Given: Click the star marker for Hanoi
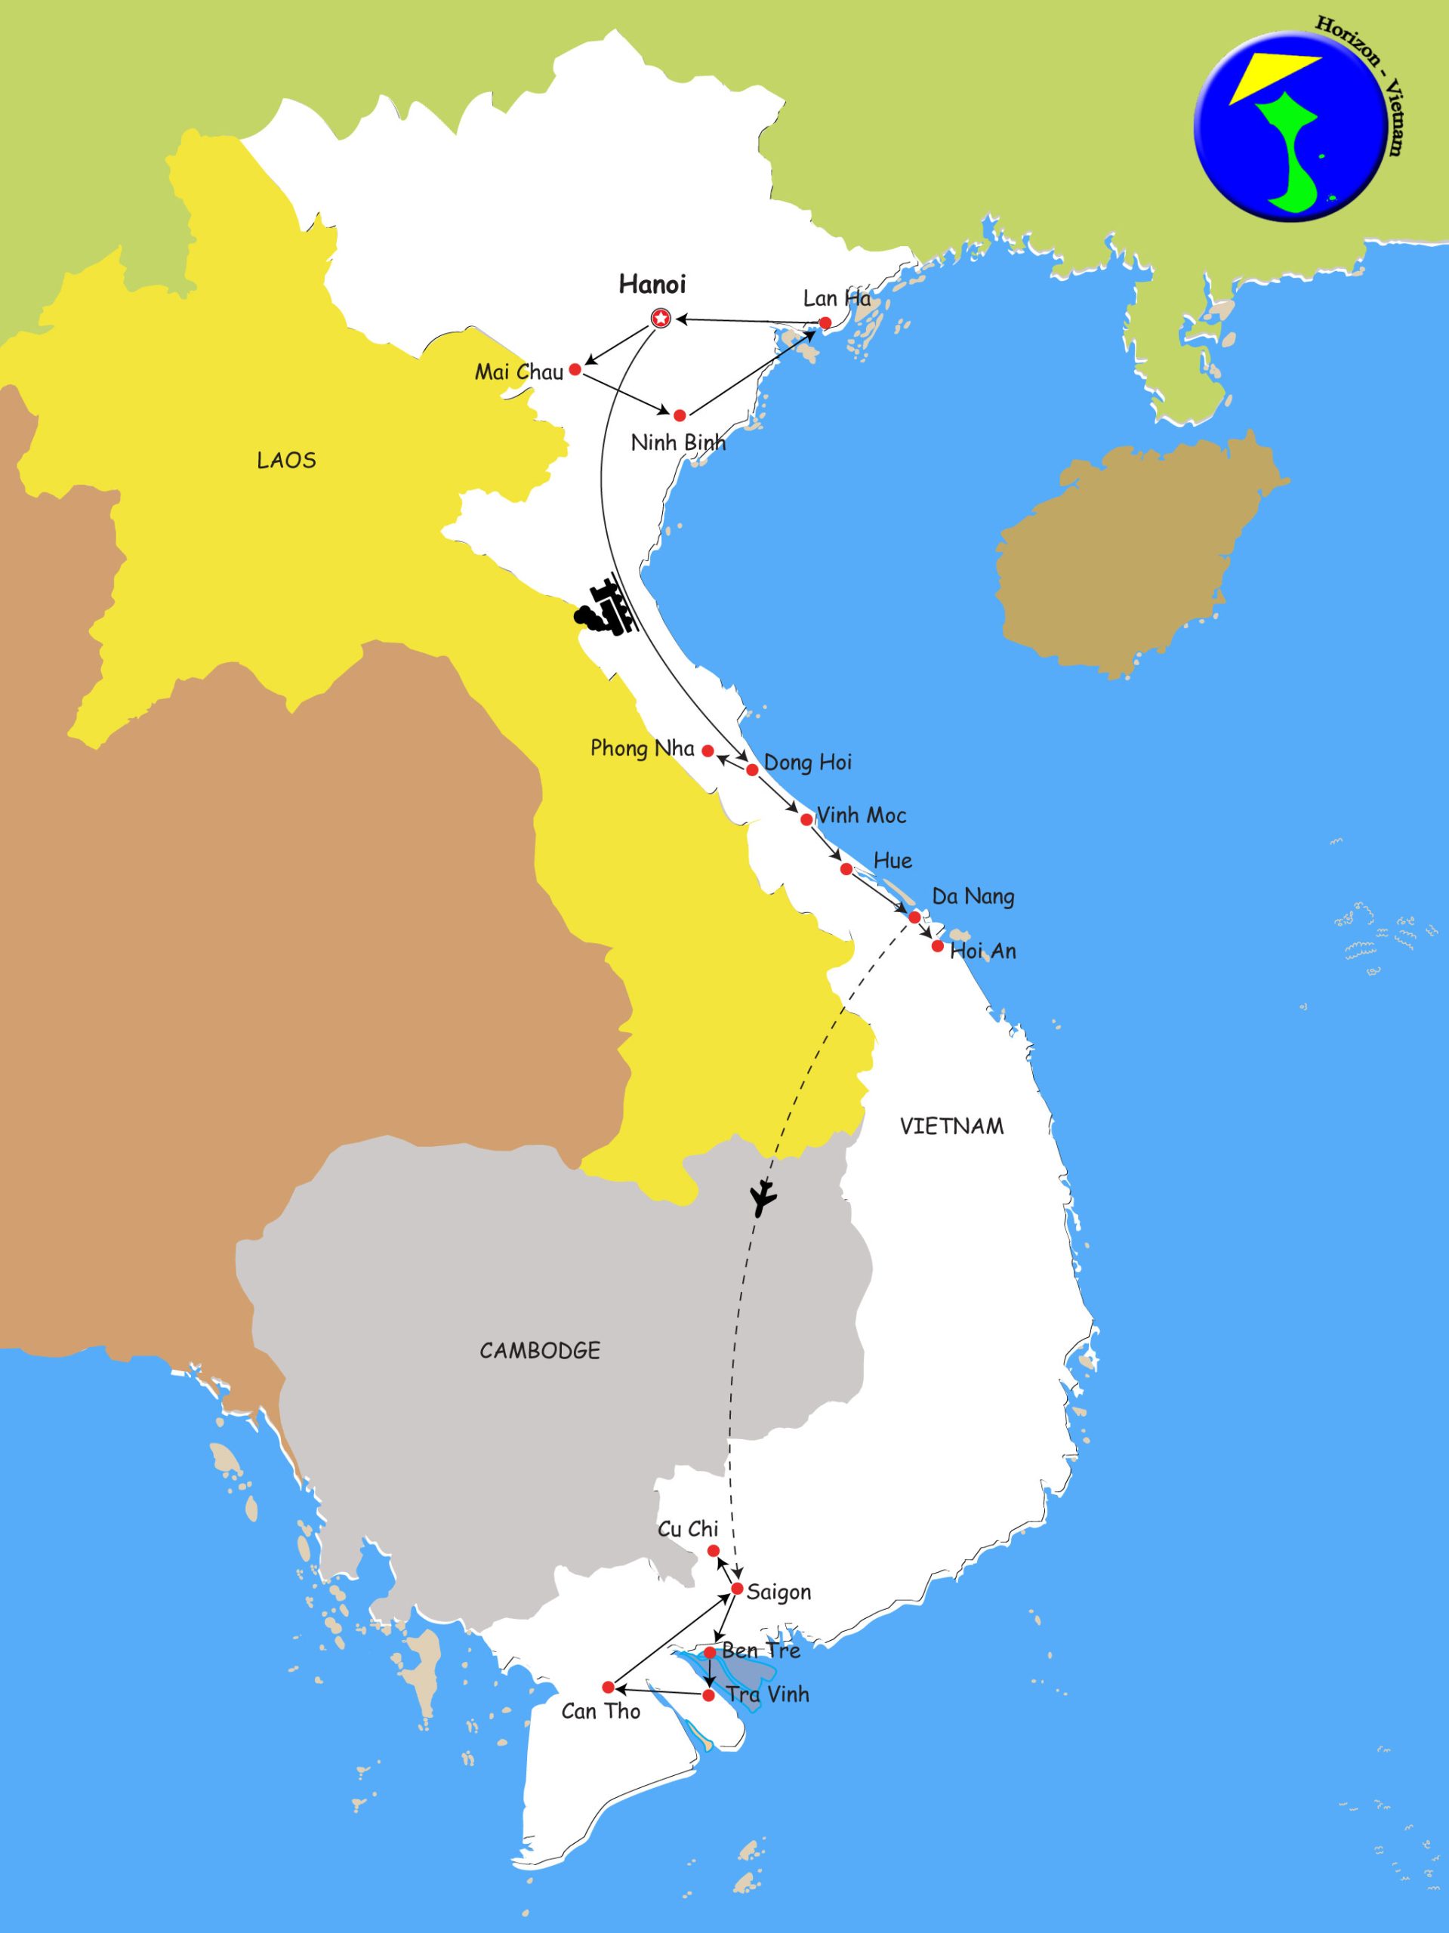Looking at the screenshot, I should pos(661,319).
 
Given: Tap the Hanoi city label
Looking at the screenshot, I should pos(652,284).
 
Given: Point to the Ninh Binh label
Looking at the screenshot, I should pos(678,442).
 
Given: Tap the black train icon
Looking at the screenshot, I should pos(605,608).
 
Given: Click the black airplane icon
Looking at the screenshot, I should pos(763,1198).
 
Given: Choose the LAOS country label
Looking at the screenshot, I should pos(287,461).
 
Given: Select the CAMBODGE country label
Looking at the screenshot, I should pos(539,1351).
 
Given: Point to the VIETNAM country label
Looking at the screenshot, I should pos(951,1127).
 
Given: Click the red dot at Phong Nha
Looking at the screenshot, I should pos(709,751).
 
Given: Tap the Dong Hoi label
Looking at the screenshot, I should pos(807,763).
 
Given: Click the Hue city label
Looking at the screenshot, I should pos(893,861).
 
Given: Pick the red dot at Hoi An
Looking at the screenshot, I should pos(938,946).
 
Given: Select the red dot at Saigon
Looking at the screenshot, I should pos(737,1589).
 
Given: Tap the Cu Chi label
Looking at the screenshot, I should pos(688,1529).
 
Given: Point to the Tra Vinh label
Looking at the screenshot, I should pos(767,1695).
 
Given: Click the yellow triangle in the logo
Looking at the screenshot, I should pos(1272,76).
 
